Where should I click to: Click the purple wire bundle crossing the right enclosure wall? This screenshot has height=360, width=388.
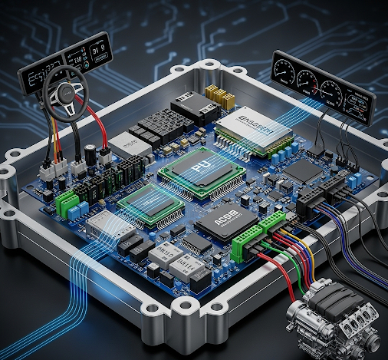[x=349, y=223]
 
